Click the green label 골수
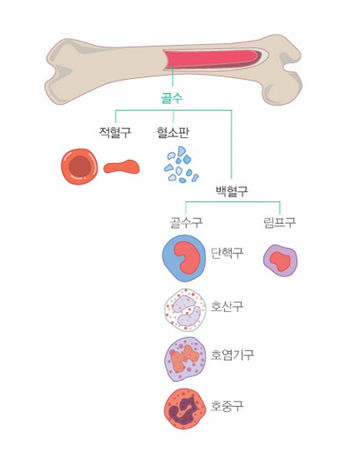click(x=172, y=97)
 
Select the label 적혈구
click(x=116, y=132)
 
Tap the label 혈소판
click(x=173, y=132)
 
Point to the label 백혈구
click(x=232, y=190)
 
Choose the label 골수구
click(x=186, y=222)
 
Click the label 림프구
click(x=279, y=222)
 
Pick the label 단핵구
click(x=227, y=253)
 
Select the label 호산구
click(x=227, y=306)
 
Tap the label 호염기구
click(x=233, y=354)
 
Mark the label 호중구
click(x=227, y=406)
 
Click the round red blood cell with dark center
click(x=79, y=166)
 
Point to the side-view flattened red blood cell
click(x=121, y=167)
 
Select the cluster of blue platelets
click(x=181, y=165)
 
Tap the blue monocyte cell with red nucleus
click(x=184, y=258)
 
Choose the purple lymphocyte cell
click(x=280, y=260)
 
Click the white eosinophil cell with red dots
click(x=185, y=310)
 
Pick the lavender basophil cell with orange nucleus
click(x=185, y=359)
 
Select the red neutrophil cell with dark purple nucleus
click(x=185, y=408)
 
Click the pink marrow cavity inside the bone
click(x=213, y=59)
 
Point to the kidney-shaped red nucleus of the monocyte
click(x=188, y=258)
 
